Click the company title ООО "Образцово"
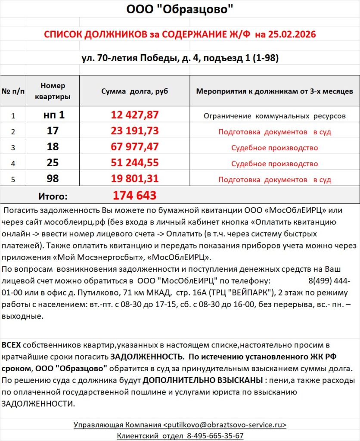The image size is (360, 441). pyautogui.click(x=180, y=9)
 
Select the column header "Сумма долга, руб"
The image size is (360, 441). pyautogui.click(x=134, y=91)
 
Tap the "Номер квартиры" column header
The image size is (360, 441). pyautogui.click(x=53, y=91)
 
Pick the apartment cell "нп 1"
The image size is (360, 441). pyautogui.click(x=53, y=115)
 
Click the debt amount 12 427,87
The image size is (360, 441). pyautogui.click(x=135, y=115)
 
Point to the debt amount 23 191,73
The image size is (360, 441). pyautogui.click(x=135, y=131)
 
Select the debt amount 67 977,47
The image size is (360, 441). pyautogui.click(x=135, y=147)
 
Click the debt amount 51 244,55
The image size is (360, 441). pyautogui.click(x=135, y=163)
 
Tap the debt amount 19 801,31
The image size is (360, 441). pyautogui.click(x=135, y=179)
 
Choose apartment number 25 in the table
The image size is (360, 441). pyautogui.click(x=53, y=163)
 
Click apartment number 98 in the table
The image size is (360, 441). pyautogui.click(x=53, y=179)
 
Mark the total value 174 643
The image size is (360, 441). pyautogui.click(x=134, y=196)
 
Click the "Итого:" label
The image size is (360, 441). pyautogui.click(x=53, y=196)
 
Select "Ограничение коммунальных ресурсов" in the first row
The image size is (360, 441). pyautogui.click(x=274, y=116)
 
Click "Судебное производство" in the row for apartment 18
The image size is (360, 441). pyautogui.click(x=274, y=148)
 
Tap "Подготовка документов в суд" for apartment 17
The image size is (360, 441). pyautogui.click(x=274, y=132)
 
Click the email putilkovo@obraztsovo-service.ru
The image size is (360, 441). pyautogui.click(x=224, y=425)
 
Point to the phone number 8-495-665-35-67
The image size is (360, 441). pyautogui.click(x=215, y=435)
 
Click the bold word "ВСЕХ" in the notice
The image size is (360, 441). pyautogui.click(x=11, y=345)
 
